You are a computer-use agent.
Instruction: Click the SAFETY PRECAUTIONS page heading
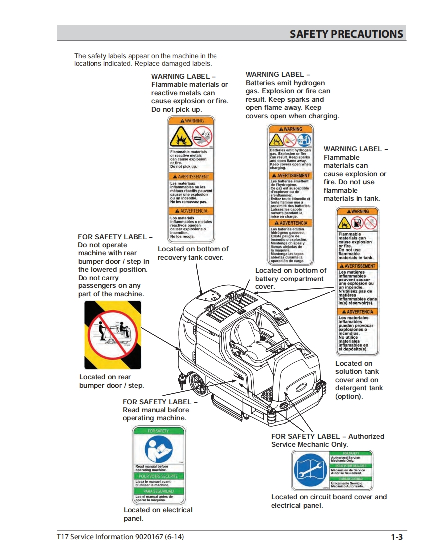coord(346,34)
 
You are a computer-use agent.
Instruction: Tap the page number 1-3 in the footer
coord(397,537)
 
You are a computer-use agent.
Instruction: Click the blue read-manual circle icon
coord(158,449)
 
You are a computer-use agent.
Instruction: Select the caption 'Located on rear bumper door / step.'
coord(111,381)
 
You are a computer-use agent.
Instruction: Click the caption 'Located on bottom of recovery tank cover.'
coord(193,253)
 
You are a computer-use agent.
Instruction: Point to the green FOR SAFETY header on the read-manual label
coord(158,430)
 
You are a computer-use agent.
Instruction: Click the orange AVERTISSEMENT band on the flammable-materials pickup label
coord(191,177)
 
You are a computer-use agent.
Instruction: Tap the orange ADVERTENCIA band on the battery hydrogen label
coord(291,223)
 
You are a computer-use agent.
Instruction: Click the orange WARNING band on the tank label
coord(357,211)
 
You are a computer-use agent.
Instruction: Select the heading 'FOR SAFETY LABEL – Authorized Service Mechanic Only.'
coord(327,440)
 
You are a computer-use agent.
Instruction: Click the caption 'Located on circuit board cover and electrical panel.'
coord(329,501)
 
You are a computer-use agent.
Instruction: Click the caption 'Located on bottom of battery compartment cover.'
coord(291,279)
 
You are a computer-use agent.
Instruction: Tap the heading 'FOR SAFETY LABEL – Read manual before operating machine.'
coord(160,410)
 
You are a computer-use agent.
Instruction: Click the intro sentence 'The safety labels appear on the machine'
coord(145,56)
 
